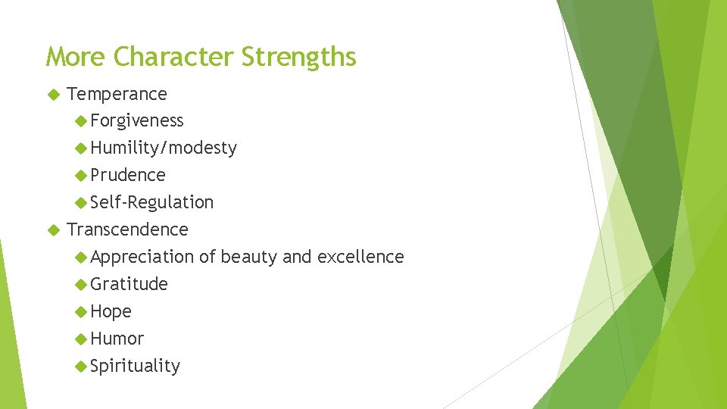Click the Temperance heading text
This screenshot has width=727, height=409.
click(117, 94)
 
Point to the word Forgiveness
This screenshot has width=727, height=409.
click(136, 121)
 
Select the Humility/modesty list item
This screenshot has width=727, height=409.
click(163, 148)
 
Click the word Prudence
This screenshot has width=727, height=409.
click(127, 175)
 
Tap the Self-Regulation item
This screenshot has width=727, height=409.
click(151, 202)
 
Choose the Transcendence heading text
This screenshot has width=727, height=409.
click(127, 229)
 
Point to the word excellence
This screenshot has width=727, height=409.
click(360, 257)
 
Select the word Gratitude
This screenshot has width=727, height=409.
click(129, 284)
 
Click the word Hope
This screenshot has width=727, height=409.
click(111, 311)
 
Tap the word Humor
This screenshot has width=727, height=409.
click(117, 339)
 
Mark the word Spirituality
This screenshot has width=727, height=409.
click(135, 367)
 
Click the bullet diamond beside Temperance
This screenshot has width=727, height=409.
click(52, 94)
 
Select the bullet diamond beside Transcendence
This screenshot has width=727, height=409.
click(52, 229)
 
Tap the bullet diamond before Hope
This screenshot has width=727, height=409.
click(81, 311)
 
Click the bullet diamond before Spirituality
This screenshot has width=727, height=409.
click(81, 366)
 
